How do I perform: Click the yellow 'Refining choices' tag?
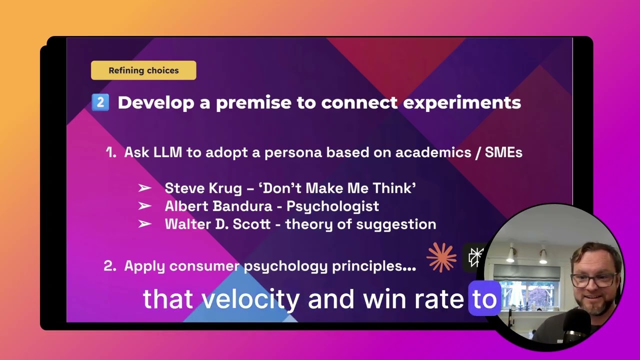tap(143, 70)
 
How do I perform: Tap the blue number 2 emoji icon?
tap(100, 102)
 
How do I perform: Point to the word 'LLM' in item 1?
tap(168, 152)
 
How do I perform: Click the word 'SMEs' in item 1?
tap(503, 152)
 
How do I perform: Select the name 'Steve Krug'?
tap(203, 188)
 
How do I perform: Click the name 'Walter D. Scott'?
tap(217, 224)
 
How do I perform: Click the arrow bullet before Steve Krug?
tap(144, 188)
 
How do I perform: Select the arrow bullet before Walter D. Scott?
tap(144, 224)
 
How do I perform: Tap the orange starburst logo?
tap(441, 257)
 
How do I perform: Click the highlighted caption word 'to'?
tap(484, 299)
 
